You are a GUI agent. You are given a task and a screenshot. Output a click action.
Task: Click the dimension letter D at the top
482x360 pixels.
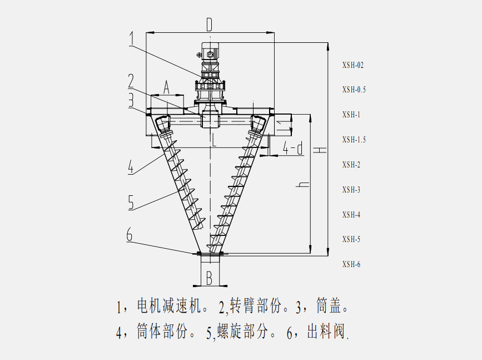pyautogui.click(x=210, y=24)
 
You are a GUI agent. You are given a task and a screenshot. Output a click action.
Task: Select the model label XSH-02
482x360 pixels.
pyautogui.click(x=353, y=65)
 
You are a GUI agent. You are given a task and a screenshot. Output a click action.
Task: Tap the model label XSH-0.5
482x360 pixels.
pyautogui.click(x=354, y=90)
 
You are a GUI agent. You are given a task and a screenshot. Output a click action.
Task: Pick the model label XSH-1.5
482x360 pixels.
pyautogui.click(x=354, y=140)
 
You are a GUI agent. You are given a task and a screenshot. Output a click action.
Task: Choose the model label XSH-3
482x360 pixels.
pyautogui.click(x=351, y=190)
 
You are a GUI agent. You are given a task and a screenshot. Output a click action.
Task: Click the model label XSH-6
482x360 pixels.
pyautogui.click(x=351, y=264)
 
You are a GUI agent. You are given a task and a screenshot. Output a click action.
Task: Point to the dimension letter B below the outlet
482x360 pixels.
pyautogui.click(x=210, y=277)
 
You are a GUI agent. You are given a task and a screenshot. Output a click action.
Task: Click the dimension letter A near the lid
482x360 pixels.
pyautogui.click(x=166, y=87)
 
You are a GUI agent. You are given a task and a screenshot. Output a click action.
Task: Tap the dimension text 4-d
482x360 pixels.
pyautogui.click(x=293, y=148)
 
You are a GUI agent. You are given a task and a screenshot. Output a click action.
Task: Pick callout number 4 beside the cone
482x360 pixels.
pyautogui.click(x=131, y=166)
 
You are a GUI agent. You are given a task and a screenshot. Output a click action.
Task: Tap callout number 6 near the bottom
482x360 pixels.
pyautogui.click(x=130, y=235)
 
